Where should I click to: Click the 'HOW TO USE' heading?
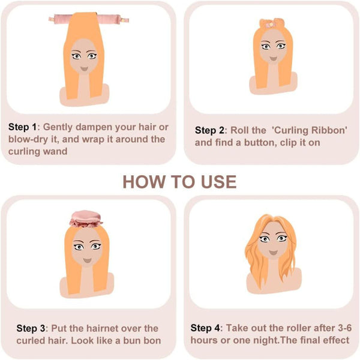point(179,182)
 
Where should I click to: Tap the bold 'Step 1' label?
point(22,127)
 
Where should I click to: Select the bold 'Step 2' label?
point(210,130)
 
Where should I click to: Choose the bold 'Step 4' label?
point(206,328)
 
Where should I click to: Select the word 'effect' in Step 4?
point(335,340)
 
